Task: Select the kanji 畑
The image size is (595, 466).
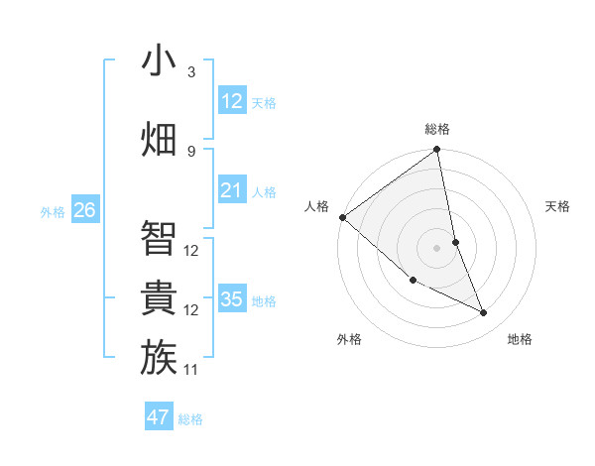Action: pyautogui.click(x=160, y=139)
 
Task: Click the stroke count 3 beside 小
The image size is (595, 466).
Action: pyautogui.click(x=190, y=72)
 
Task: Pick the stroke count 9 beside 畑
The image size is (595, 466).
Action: pyautogui.click(x=190, y=151)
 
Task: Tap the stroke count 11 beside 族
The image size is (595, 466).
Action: pyautogui.click(x=191, y=370)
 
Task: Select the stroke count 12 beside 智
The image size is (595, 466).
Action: pyautogui.click(x=191, y=251)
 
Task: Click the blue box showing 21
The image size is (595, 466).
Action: pyautogui.click(x=232, y=190)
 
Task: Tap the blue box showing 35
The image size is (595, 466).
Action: pyautogui.click(x=232, y=299)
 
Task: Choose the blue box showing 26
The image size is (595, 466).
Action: pyautogui.click(x=84, y=210)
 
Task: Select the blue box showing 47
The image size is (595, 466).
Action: pyautogui.click(x=159, y=417)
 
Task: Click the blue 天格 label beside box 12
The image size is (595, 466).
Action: pyautogui.click(x=264, y=103)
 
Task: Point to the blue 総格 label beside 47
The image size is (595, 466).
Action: pyautogui.click(x=190, y=419)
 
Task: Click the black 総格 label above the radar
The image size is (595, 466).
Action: pyautogui.click(x=437, y=129)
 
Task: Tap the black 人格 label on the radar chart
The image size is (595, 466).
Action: pyautogui.click(x=316, y=206)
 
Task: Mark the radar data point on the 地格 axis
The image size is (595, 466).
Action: pyautogui.click(x=484, y=313)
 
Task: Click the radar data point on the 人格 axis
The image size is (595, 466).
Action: pyautogui.click(x=342, y=217)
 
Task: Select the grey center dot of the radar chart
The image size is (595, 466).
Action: pyautogui.click(x=437, y=248)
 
